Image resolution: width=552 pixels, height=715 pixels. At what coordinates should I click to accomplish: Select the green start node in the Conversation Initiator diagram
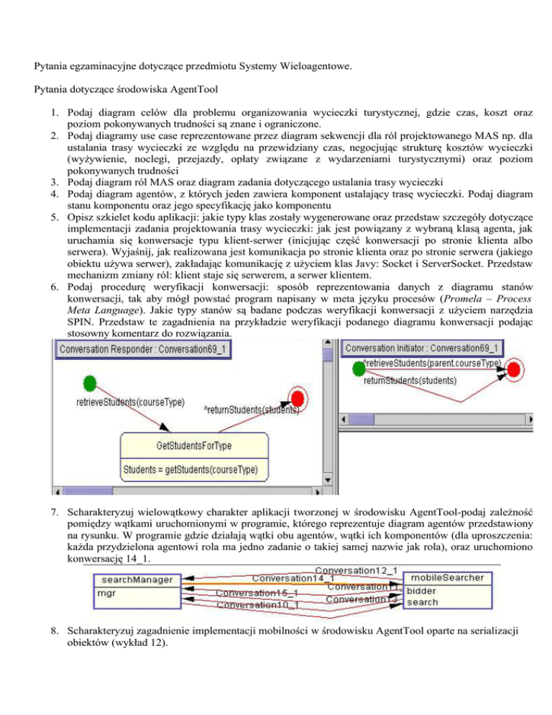click(x=357, y=369)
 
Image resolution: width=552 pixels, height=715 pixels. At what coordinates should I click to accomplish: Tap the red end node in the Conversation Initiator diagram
click(x=513, y=370)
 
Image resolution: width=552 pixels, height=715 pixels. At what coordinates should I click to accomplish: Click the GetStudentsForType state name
click(x=194, y=445)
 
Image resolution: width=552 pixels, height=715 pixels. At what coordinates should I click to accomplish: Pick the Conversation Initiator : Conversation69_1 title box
click(x=423, y=348)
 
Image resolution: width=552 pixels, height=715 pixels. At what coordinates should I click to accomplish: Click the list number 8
click(x=52, y=631)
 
